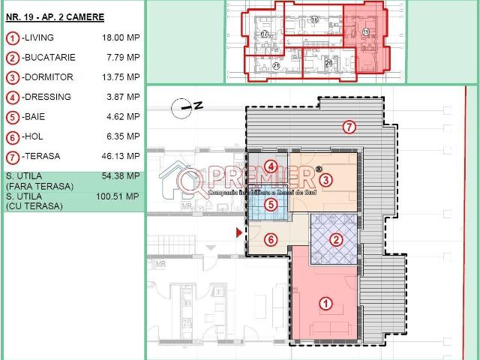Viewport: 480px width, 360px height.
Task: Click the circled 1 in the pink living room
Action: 326,304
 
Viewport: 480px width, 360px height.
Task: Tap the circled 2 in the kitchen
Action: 337,240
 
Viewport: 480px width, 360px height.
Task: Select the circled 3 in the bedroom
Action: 325,180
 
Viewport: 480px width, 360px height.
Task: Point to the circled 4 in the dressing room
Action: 271,166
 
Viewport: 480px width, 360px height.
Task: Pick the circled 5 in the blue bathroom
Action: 271,204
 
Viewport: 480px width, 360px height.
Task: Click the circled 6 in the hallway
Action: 271,240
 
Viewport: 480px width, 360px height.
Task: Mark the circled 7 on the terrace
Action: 349,127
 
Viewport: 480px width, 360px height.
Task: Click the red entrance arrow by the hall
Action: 239,233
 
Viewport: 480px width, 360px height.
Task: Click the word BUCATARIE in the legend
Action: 48,57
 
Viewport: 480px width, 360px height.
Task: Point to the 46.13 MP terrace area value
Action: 121,156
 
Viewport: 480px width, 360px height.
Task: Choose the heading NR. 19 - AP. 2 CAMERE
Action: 55,16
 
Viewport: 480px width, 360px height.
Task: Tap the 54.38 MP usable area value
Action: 121,176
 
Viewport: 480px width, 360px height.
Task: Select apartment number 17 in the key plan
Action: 265,34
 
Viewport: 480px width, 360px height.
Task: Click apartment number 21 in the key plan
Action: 276,66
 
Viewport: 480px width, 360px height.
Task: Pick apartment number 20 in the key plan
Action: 328,64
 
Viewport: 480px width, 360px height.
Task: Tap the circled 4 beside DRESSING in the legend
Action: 13,97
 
